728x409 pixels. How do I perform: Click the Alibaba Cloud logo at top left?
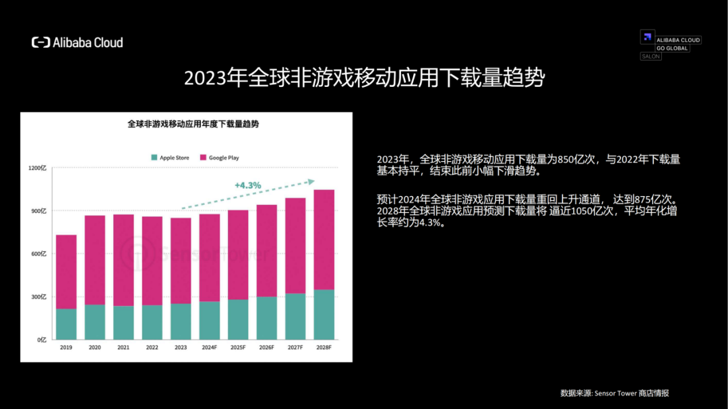point(77,42)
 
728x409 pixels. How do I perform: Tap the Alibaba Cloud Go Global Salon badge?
point(670,44)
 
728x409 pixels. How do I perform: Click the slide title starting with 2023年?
point(364,78)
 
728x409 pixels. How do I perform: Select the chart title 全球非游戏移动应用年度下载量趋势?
point(193,125)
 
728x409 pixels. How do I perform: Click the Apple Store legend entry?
point(170,158)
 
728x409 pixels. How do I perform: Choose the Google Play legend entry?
point(219,158)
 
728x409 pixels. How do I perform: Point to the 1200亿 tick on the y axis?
point(37,168)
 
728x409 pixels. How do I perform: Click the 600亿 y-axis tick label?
point(38,254)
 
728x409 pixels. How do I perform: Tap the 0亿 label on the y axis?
point(41,340)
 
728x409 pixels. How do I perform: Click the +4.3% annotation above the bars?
point(247,185)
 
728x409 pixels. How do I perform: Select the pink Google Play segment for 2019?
point(66,272)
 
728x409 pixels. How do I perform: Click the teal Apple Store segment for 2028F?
point(324,314)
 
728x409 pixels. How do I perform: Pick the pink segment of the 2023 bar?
point(181,260)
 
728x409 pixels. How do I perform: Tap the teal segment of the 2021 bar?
point(123,322)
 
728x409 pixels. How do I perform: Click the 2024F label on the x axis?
point(209,348)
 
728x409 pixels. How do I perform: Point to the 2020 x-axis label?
point(94,348)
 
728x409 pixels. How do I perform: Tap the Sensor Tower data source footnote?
point(614,394)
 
